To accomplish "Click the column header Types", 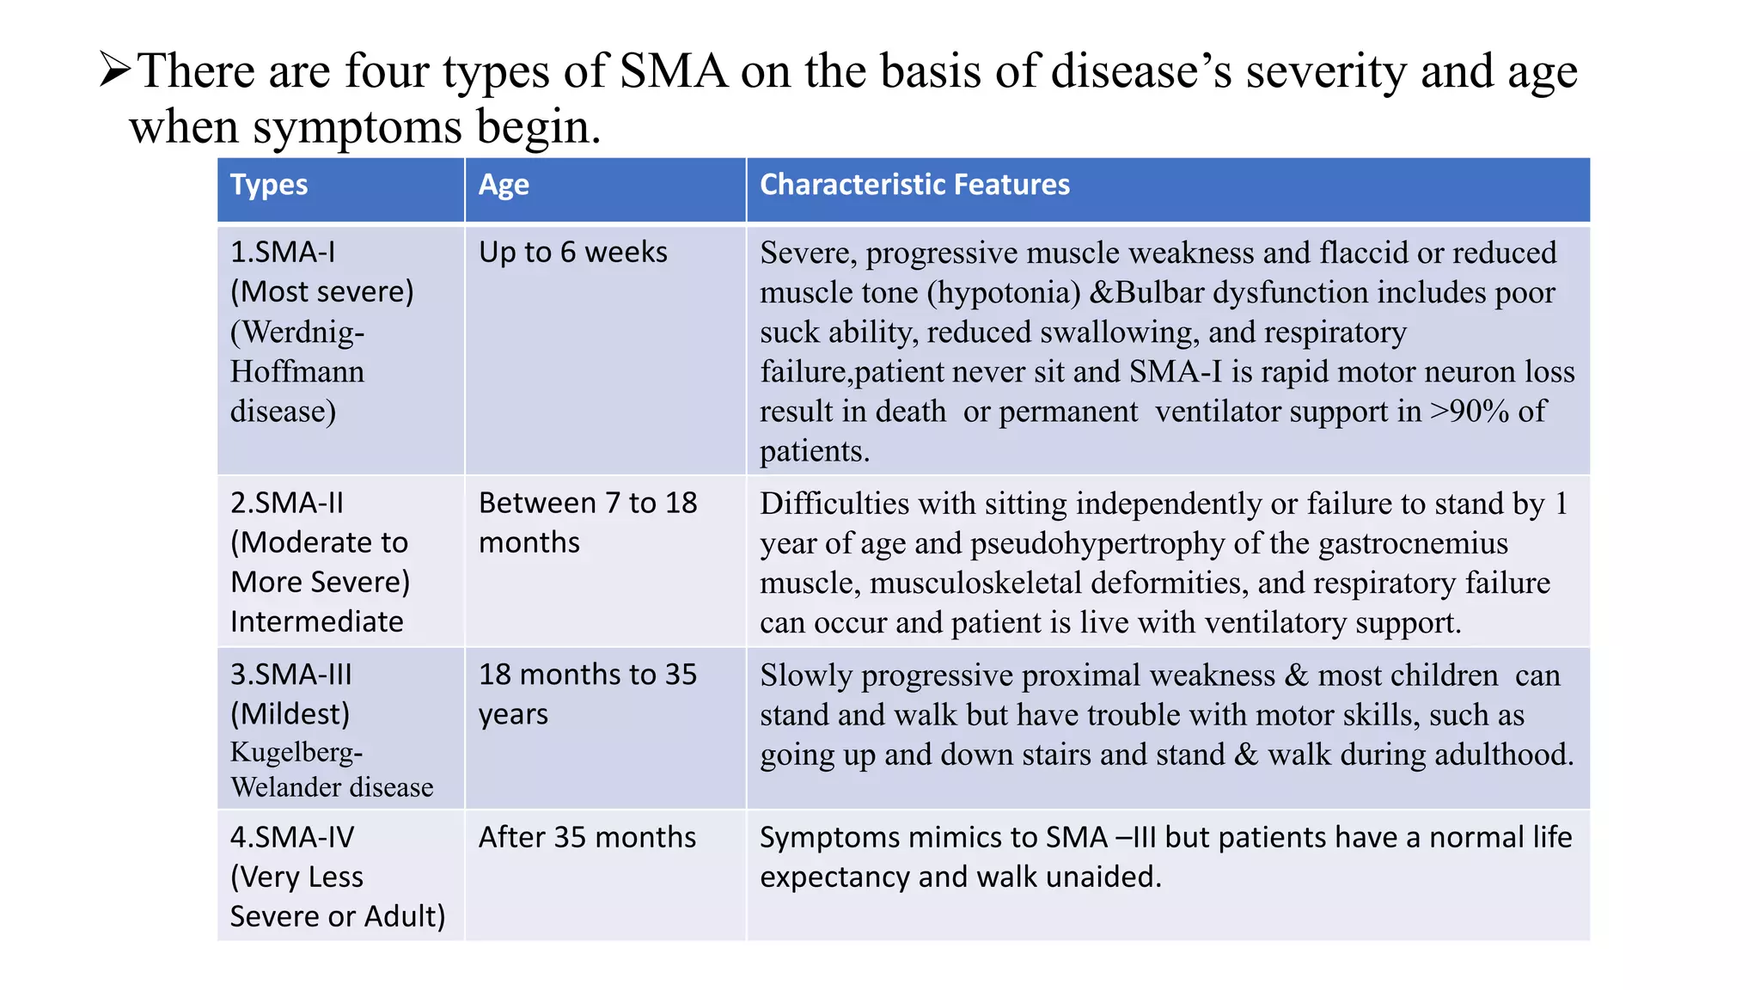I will [x=269, y=185].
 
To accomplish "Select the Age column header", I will [x=504, y=185].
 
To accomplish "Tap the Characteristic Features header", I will [x=914, y=185].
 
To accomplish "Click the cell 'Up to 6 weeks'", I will [x=572, y=252].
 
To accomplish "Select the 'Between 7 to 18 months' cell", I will [x=587, y=522].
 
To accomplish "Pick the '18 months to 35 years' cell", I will [x=587, y=694].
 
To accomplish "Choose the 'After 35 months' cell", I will [x=587, y=837].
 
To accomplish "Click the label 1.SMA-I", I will [x=283, y=252].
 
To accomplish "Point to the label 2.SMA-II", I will [x=286, y=503].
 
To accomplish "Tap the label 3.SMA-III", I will [x=290, y=675].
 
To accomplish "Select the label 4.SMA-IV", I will [x=291, y=837].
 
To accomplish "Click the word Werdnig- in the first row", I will [x=297, y=332].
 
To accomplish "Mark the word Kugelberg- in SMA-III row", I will [x=296, y=752].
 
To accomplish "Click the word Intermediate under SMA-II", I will [x=316, y=621].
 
